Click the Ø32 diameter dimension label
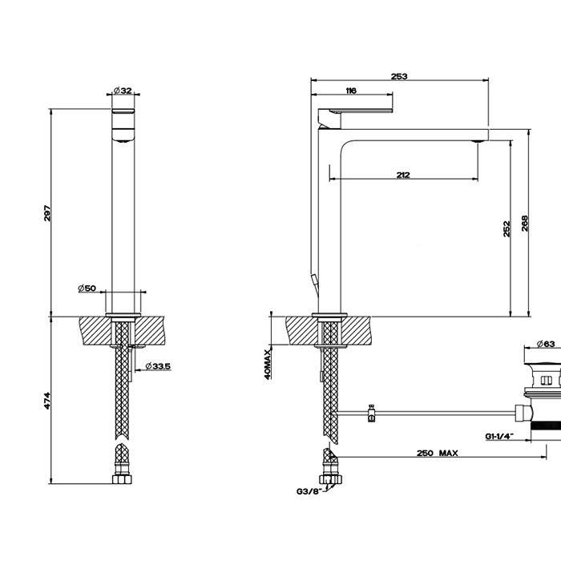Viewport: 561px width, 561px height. point(122,91)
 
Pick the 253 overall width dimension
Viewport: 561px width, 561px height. point(399,76)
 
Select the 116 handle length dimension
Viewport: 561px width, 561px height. point(350,91)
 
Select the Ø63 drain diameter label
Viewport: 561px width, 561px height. point(545,345)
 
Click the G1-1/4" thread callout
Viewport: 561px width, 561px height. point(499,437)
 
